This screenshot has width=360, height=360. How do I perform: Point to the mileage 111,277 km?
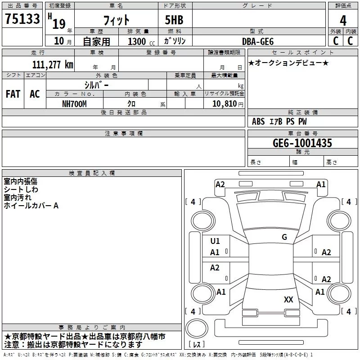click(x=53, y=65)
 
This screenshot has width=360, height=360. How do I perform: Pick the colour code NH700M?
click(x=74, y=103)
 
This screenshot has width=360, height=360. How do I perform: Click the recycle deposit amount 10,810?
click(x=223, y=104)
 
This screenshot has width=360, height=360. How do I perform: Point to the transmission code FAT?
click(x=13, y=94)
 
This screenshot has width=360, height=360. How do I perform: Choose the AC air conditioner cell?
click(x=35, y=94)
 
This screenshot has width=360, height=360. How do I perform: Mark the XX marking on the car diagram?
click(x=288, y=299)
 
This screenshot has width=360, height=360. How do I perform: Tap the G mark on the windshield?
click(x=284, y=237)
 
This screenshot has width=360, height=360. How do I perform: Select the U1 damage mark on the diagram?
click(x=215, y=241)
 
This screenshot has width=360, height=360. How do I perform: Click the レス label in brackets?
click(x=197, y=345)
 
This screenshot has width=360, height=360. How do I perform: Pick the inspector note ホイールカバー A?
click(x=31, y=206)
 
